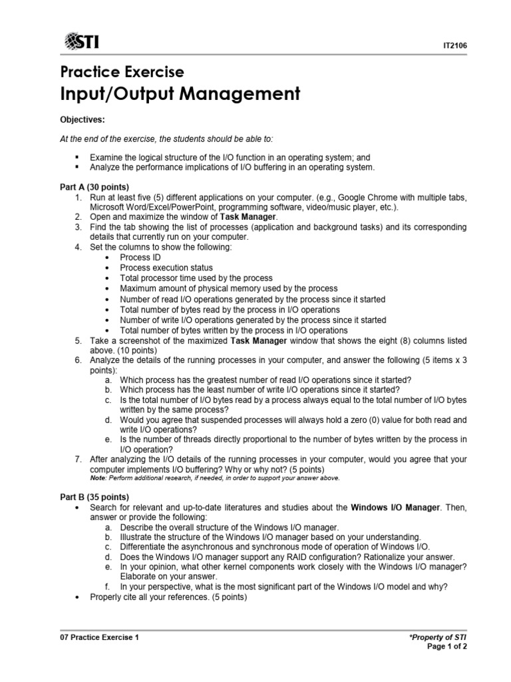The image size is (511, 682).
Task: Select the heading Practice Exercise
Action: pyautogui.click(x=122, y=71)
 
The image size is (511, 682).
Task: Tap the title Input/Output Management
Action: pyautogui.click(x=180, y=94)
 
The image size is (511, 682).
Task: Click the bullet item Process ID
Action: pyautogui.click(x=140, y=257)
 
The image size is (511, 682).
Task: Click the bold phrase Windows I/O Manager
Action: pyautogui.click(x=395, y=508)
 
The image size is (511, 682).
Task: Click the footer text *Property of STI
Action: pyautogui.click(x=440, y=637)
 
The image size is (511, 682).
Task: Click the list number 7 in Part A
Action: pyautogui.click(x=78, y=460)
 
